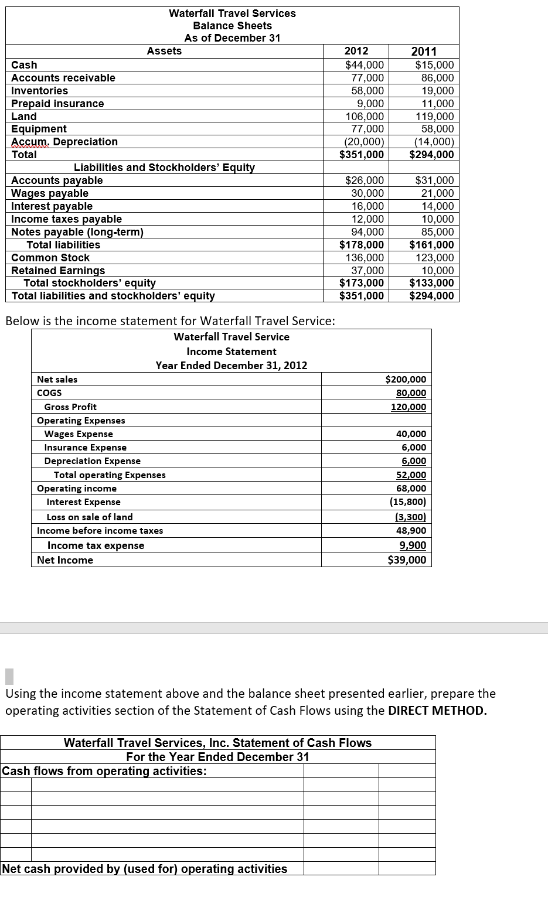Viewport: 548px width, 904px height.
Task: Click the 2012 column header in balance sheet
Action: pos(356,52)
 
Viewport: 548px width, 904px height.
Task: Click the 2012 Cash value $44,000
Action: pos(364,65)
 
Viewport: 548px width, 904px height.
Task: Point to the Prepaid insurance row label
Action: pos(57,104)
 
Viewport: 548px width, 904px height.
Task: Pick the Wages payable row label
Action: pos(50,193)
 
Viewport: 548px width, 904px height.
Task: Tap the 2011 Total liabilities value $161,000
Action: pos(431,245)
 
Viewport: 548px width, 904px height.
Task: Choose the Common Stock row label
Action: pos(50,258)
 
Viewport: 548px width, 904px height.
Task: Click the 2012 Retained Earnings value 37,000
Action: pos(367,271)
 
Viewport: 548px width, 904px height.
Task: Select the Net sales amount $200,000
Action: pos(406,380)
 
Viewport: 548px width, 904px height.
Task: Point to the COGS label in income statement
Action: pos(49,393)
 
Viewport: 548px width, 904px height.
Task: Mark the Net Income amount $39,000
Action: pos(407,560)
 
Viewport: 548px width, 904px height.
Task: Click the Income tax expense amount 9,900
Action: pos(413,545)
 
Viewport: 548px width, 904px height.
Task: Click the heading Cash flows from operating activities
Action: pos(104,771)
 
